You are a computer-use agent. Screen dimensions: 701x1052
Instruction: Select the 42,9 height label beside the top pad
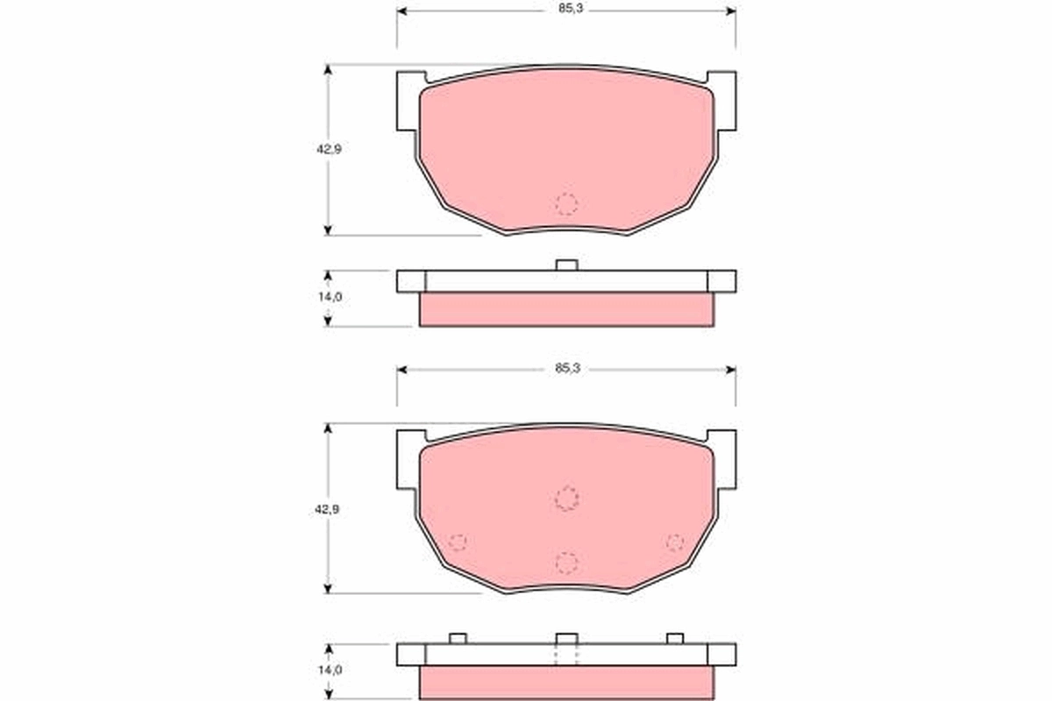tap(329, 149)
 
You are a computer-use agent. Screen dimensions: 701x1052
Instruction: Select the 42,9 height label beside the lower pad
tap(329, 509)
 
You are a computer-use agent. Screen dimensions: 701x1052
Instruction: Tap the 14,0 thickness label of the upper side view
tap(329, 297)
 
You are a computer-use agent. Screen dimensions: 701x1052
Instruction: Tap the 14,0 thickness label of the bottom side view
tap(329, 669)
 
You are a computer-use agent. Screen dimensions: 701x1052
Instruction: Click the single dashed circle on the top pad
tap(567, 204)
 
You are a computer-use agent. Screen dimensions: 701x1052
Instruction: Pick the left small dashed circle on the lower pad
tap(457, 542)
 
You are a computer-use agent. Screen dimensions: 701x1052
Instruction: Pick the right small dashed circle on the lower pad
tap(674, 542)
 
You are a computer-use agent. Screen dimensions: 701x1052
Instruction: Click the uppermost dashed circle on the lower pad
tap(567, 498)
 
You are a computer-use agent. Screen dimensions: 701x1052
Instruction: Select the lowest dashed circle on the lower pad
tap(567, 563)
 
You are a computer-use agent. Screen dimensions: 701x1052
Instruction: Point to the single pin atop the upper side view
tap(566, 265)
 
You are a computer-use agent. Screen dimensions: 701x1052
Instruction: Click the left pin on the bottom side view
tap(457, 638)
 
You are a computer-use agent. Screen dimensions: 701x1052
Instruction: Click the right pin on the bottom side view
tap(674, 638)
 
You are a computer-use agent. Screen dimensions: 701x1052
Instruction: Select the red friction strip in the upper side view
tap(566, 309)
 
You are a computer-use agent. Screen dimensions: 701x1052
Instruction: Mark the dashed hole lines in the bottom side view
tap(567, 655)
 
